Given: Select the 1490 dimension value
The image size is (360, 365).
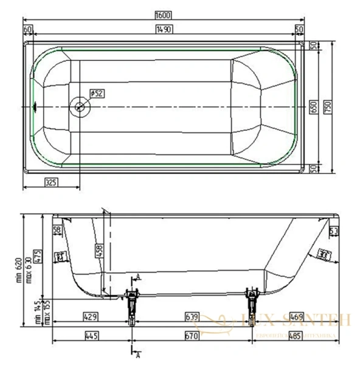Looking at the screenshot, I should click(163, 29).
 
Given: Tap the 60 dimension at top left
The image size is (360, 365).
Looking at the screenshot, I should click(27, 29).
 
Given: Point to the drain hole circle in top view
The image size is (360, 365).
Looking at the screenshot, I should click(80, 106).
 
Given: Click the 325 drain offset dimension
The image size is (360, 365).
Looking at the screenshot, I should click(52, 181).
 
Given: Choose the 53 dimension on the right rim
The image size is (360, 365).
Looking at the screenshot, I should click(333, 231).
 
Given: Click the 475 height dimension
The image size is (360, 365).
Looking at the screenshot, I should click(37, 255).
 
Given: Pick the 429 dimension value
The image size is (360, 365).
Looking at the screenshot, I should click(91, 316).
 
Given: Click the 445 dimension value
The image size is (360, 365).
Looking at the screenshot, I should click(91, 335).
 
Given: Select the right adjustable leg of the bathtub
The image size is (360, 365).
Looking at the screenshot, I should click(250, 302).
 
